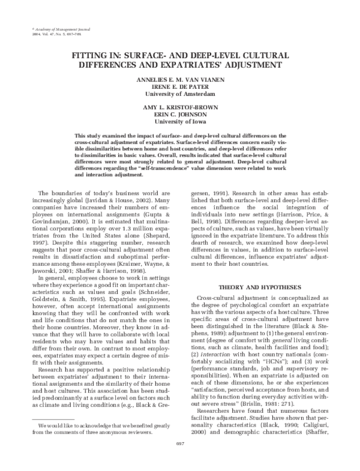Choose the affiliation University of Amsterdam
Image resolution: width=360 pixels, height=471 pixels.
pyautogui.click(x=179, y=95)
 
